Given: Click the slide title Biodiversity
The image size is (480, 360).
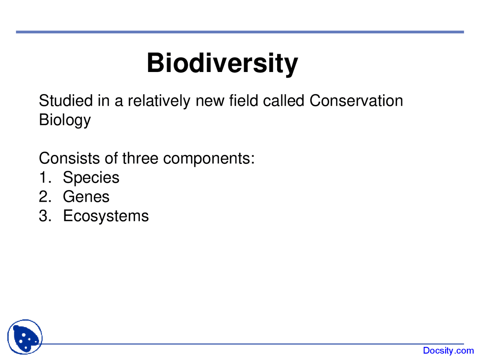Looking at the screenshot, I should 222,63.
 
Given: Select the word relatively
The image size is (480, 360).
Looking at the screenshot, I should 159,101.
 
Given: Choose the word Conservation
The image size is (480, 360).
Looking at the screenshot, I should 356,101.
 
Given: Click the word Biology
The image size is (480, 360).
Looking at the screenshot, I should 64,120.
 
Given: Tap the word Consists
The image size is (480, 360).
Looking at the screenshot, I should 69,158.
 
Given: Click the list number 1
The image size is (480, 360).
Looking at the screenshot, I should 44,177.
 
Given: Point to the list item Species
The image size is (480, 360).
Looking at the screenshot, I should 91,178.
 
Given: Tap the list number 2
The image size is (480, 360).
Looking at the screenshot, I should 44,197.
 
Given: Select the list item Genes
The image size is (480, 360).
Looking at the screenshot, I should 86,197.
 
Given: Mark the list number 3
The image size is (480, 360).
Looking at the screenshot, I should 44,216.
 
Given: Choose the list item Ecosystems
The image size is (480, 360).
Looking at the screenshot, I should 106,216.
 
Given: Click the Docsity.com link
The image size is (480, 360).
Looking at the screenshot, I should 448,351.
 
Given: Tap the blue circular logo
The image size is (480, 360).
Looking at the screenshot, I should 25,337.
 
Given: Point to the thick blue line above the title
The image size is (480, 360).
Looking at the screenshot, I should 240,32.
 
